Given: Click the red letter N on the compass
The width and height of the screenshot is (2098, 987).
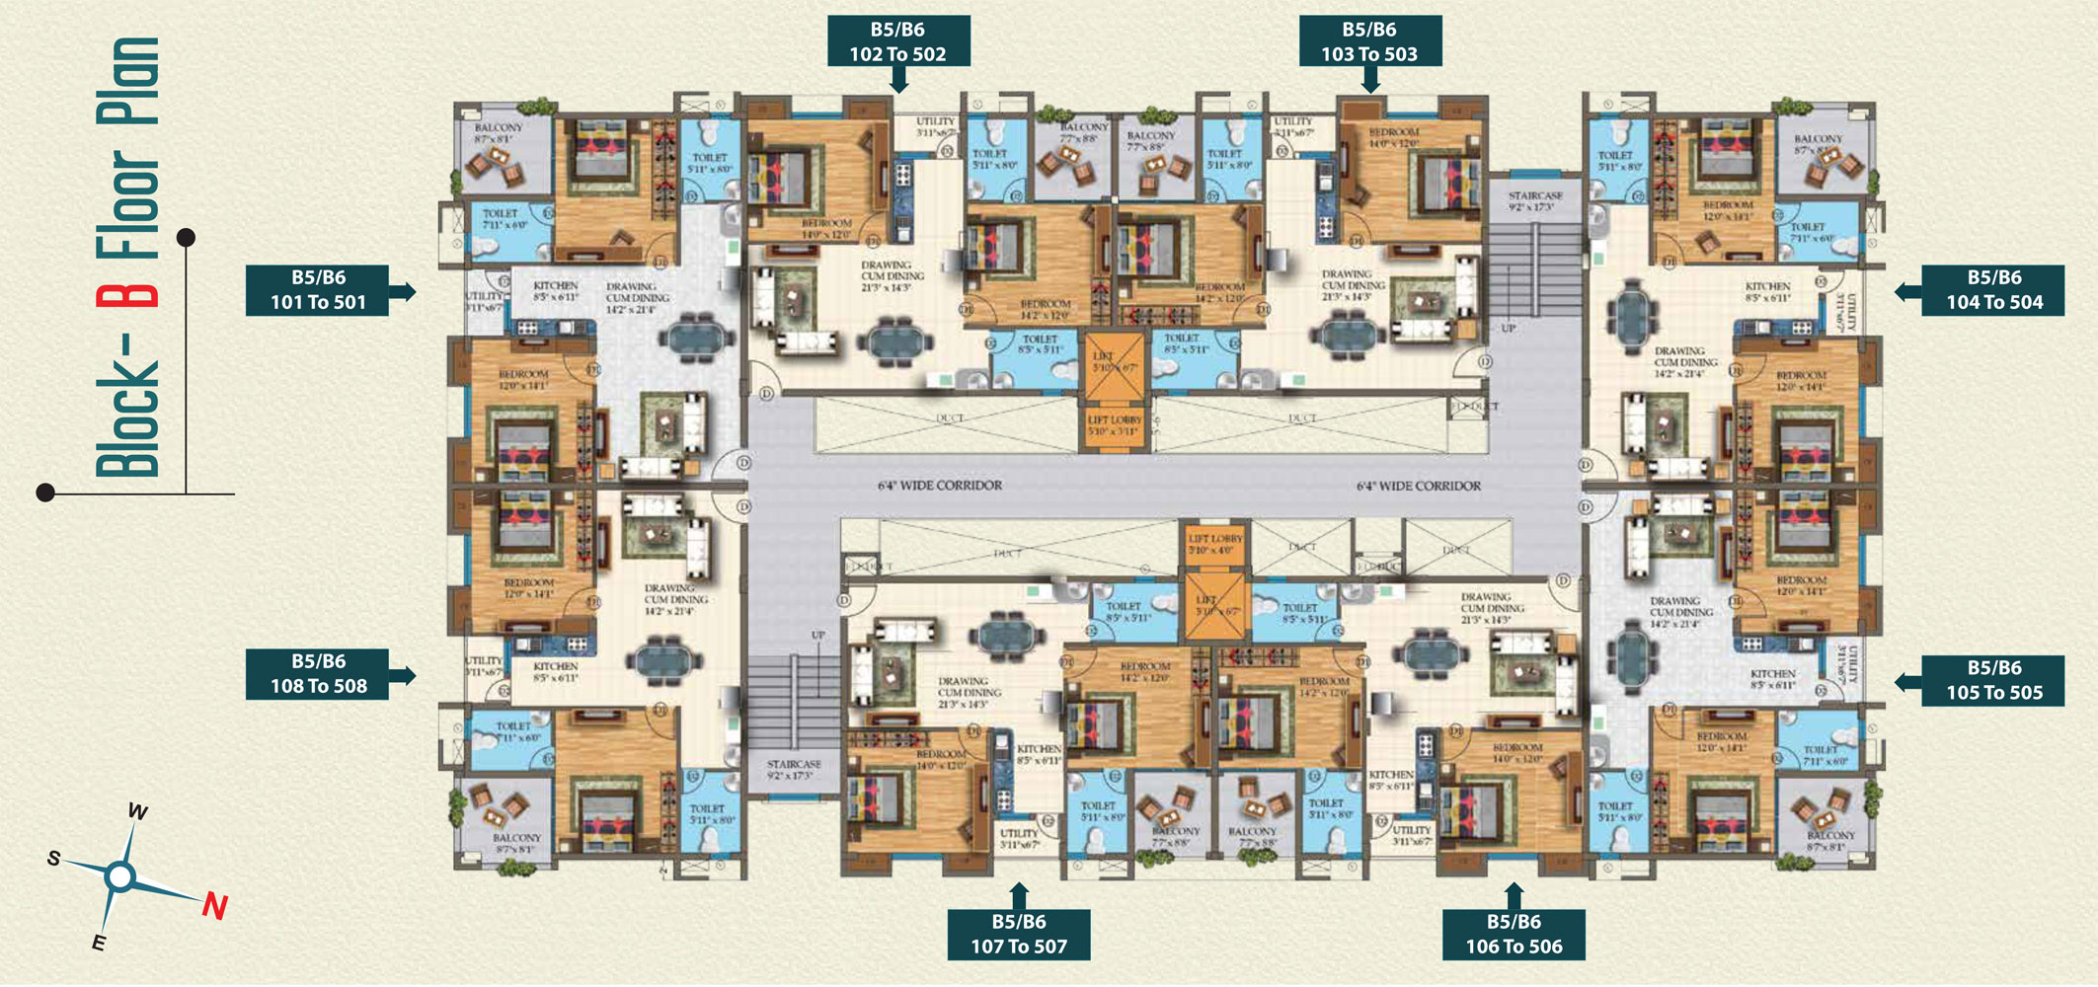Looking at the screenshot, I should click(214, 906).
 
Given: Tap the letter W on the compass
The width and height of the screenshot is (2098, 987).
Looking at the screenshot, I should click(137, 812).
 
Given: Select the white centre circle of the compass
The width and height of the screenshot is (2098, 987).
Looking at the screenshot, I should click(119, 875).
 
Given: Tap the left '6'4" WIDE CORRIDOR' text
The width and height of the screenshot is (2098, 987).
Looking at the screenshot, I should click(939, 486).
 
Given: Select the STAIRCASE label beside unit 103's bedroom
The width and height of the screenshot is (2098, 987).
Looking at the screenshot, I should click(1534, 201).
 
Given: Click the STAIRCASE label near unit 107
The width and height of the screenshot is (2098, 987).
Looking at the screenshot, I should click(794, 770).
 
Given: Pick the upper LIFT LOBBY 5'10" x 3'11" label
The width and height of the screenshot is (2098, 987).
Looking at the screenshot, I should click(1114, 425).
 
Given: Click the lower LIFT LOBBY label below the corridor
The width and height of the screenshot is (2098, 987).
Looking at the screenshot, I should click(1214, 544).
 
